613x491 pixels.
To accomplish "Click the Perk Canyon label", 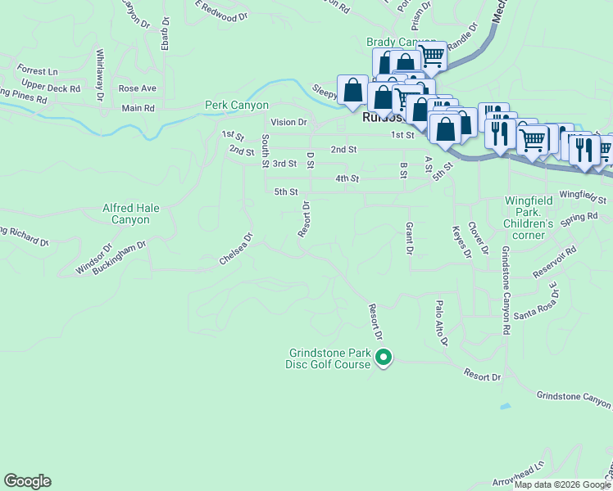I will pyautogui.click(x=237, y=106).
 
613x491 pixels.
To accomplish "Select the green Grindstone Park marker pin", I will pyautogui.click(x=384, y=358).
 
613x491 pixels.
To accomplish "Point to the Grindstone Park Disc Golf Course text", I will pyautogui.click(x=329, y=359).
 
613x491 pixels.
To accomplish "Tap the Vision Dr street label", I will pyautogui.click(x=288, y=122).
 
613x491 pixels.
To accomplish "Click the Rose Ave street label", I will pyautogui.click(x=137, y=88).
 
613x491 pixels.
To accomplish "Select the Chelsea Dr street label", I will pyautogui.click(x=236, y=250).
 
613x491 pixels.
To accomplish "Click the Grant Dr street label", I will pyautogui.click(x=408, y=236).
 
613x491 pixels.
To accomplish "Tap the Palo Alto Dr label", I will pyautogui.click(x=441, y=322).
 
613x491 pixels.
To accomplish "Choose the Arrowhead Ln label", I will pyautogui.click(x=519, y=475).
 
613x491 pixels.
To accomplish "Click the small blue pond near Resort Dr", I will pyautogui.click(x=504, y=406).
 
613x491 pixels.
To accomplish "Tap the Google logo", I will pyautogui.click(x=27, y=481).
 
